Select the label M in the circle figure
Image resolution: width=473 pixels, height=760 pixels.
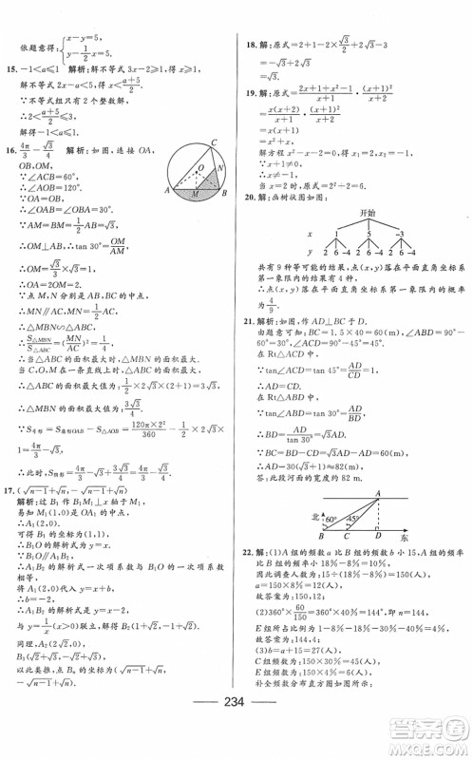194,193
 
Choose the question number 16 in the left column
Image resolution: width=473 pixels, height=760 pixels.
12,150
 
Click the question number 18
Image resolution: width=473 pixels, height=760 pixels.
249,43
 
